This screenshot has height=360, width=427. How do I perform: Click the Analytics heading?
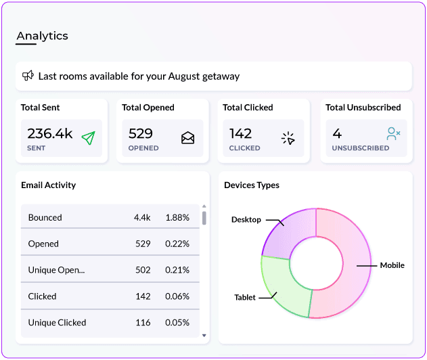coord(42,36)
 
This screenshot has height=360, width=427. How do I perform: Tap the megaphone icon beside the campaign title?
coord(28,76)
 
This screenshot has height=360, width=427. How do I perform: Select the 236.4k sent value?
coord(50,133)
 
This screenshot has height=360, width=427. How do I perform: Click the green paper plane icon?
coord(89,138)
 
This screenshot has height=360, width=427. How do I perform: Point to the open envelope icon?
coord(188,138)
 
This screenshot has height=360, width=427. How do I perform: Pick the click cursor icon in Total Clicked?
coord(288,138)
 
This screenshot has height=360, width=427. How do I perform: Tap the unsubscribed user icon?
coord(393,134)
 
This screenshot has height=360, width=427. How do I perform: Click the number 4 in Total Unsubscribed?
coord(337,133)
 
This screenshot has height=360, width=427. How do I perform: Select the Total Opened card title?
coord(148,108)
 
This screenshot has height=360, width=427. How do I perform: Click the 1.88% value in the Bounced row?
coord(177,218)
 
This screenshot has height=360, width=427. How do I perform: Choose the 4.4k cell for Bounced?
coord(142,218)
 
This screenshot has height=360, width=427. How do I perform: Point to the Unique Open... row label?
coord(56,270)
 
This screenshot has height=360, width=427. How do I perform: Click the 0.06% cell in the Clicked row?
coord(177,296)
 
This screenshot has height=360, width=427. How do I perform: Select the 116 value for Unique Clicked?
coord(143,323)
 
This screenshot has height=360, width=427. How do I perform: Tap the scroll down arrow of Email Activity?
coord(204,336)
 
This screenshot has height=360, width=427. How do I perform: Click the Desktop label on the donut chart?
coord(246,220)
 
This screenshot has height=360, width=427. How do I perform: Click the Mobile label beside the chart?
coord(392,265)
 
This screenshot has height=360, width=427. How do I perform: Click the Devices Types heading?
coord(252,185)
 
